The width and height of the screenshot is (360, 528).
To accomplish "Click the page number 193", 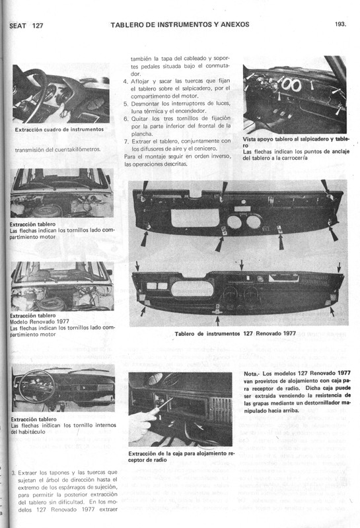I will [x=341, y=24].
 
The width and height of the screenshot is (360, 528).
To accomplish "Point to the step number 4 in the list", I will [x=126, y=81].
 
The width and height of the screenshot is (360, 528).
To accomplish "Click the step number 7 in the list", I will [x=126, y=141].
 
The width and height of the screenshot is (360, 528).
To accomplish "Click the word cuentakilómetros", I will [x=74, y=149].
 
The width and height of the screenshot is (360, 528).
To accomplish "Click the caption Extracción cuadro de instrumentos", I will [x=59, y=130].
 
